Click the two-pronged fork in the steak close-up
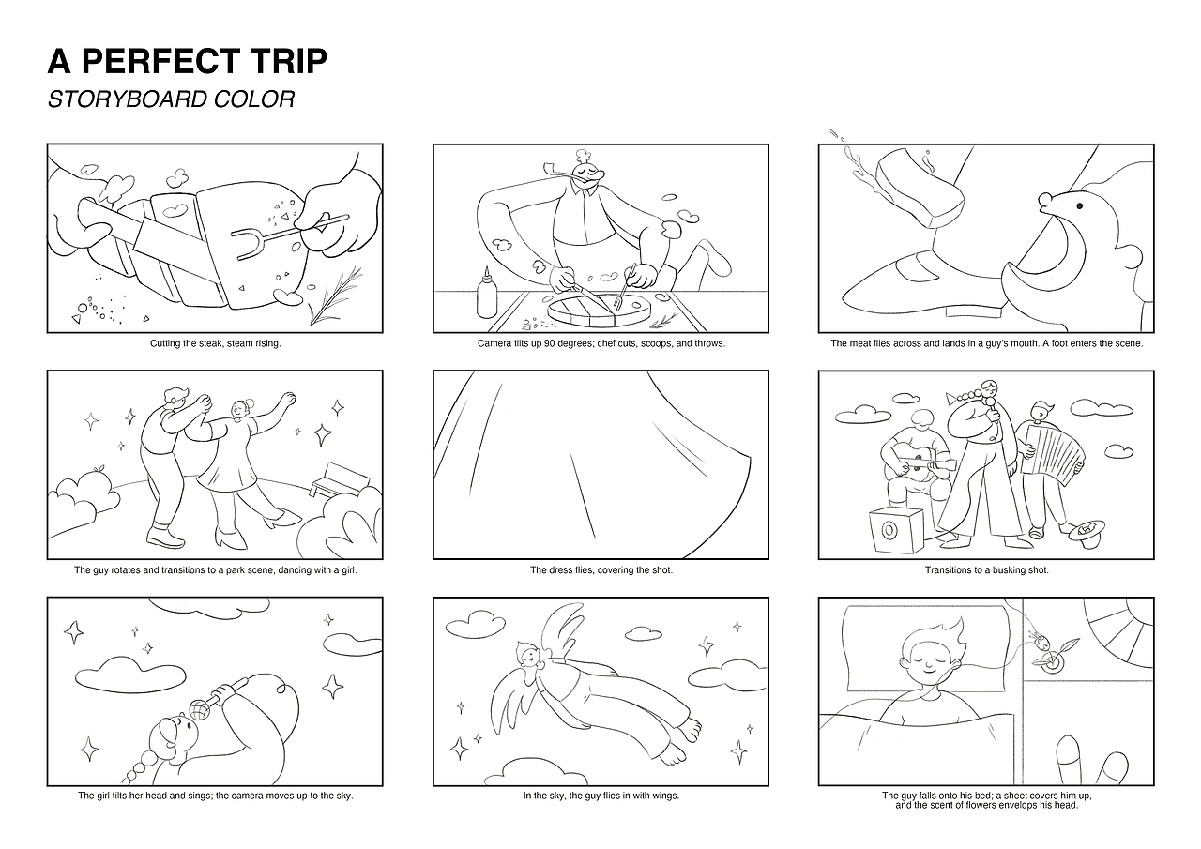290,234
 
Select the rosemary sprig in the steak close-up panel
335,296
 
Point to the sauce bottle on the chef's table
487,296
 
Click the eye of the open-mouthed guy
1079,205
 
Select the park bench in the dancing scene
340,479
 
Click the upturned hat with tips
1087,533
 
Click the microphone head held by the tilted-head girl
200,710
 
